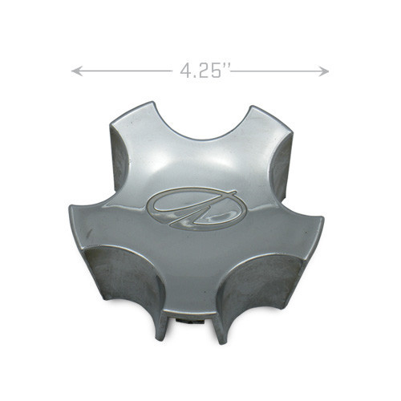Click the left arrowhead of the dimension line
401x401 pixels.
(76, 71)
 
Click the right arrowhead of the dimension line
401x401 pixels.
(323, 71)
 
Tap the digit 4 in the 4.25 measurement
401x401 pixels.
(186, 71)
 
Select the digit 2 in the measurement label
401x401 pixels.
(201, 71)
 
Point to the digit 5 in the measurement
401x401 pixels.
(215, 71)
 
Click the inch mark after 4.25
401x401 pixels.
(227, 67)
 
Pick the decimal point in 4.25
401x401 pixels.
(193, 76)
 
